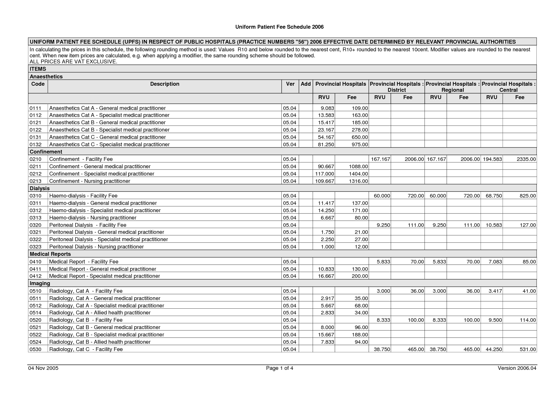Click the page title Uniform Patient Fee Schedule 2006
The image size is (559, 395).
coord(279,27)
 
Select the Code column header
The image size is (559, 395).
coord(38,84)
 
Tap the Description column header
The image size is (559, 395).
coord(164,84)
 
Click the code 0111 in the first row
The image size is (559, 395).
coord(35,108)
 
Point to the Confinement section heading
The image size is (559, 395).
coord(46,152)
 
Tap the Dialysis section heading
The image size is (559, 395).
coord(40,189)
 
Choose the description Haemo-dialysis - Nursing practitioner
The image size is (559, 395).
coord(93,218)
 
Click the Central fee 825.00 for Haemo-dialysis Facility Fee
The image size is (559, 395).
coord(527,196)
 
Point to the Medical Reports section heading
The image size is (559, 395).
coord(50,254)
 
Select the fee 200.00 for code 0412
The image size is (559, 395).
coord(360,276)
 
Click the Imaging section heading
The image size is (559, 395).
coord(40,284)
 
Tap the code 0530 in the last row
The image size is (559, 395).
coord(35,349)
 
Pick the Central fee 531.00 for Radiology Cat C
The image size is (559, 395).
coord(527,349)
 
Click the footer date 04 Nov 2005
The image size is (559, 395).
coord(43,368)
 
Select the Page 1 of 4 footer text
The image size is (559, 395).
coord(279,368)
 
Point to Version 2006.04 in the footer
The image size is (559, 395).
coord(517,368)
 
